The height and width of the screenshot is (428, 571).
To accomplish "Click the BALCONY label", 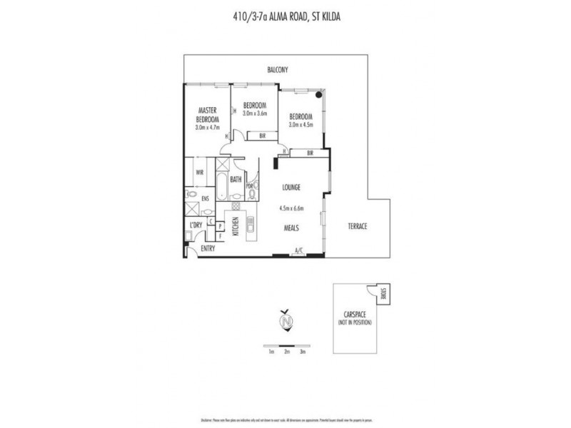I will (x=277, y=70).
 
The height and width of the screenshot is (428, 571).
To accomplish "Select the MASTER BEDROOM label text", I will (x=208, y=115).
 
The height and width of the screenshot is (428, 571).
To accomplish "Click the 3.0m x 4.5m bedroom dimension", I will (x=300, y=126).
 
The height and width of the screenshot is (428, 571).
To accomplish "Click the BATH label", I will (x=236, y=180).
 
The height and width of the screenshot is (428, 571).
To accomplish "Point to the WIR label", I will (x=199, y=173).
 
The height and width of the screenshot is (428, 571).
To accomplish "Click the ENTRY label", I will (x=208, y=248).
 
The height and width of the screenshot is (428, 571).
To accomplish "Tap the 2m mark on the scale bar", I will (x=286, y=352).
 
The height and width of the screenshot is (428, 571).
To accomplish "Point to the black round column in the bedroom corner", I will (x=319, y=95).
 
